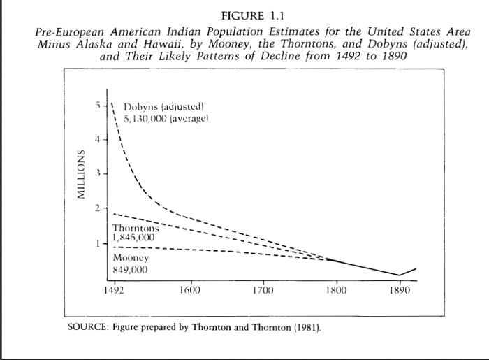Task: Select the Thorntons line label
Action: [136, 228]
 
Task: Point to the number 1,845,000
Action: [134, 238]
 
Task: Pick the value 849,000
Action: [131, 268]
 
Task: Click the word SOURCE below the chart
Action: [85, 327]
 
